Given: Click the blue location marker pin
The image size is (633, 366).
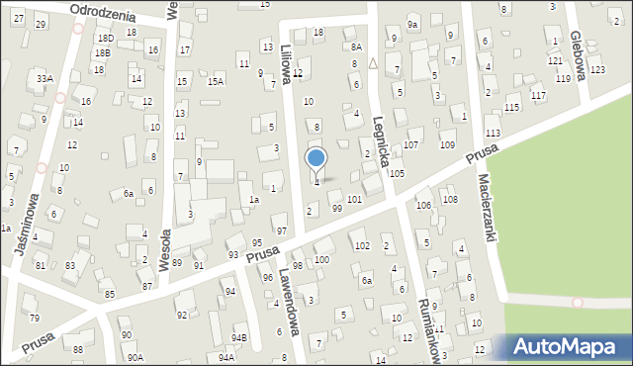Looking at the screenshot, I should click(316, 158).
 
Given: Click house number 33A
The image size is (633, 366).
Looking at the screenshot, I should click(44, 78).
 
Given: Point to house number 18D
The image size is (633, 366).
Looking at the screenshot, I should click(105, 38).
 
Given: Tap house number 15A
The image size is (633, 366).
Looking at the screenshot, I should click(215, 82).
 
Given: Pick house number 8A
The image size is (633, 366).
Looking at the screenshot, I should click(356, 46).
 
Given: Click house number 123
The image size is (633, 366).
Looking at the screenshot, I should click(596, 69).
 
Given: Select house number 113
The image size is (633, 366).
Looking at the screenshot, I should click(493, 133).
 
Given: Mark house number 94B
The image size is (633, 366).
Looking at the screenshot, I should click(239, 338).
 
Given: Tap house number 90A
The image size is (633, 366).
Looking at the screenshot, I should click(134, 357).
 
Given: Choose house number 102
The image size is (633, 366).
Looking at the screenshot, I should click(362, 245).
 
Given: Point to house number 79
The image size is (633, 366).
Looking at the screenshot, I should click(34, 318).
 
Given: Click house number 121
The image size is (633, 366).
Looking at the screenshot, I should click(555, 60).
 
